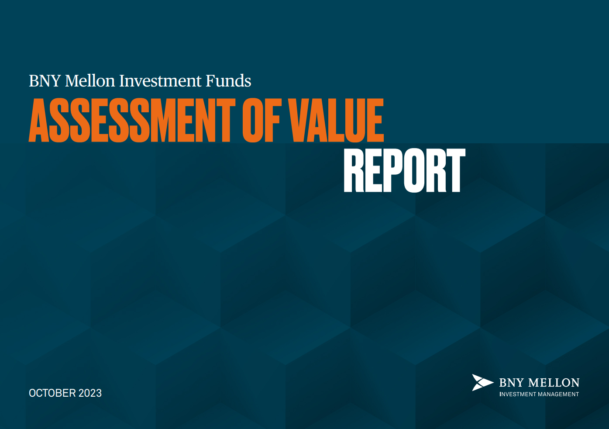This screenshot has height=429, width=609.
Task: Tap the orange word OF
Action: tap(261, 120)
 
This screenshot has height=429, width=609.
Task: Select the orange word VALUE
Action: tap(336, 120)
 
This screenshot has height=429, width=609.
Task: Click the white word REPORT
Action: tap(405, 170)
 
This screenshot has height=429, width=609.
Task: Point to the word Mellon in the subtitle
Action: tap(90, 81)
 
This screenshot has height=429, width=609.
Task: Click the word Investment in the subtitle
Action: tap(160, 81)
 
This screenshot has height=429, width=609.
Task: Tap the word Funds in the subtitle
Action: tap(228, 81)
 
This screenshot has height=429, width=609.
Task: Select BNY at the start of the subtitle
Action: tap(45, 81)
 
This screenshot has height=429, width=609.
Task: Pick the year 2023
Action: tap(90, 393)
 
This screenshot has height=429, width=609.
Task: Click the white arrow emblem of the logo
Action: tap(482, 383)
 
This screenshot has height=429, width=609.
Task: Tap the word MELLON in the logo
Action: tap(554, 383)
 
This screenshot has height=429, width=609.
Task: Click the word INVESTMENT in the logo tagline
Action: tap(517, 394)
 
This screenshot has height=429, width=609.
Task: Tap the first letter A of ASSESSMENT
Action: tap(39, 120)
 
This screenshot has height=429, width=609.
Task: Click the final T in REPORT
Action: tap(455, 170)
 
